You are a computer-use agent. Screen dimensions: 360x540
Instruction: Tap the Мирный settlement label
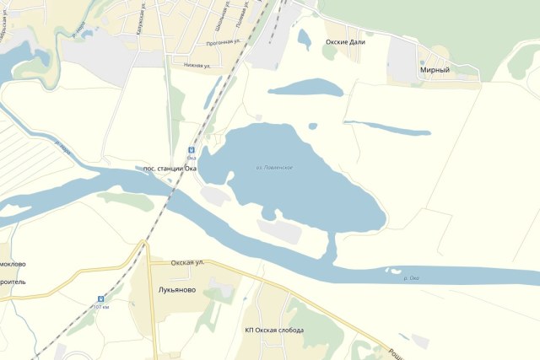pyautogui.click(x=435, y=71)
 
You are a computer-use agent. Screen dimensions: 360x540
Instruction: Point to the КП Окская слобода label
pyautogui.click(x=273, y=330)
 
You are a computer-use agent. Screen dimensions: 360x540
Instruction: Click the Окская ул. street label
pyautogui.click(x=187, y=263)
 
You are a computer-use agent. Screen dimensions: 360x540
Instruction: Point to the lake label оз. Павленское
pyautogui.click(x=274, y=168)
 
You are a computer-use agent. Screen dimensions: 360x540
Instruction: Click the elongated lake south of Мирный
pyautogui.click(x=388, y=127)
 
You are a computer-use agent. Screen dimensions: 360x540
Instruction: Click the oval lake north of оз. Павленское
pyautogui.click(x=305, y=88)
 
